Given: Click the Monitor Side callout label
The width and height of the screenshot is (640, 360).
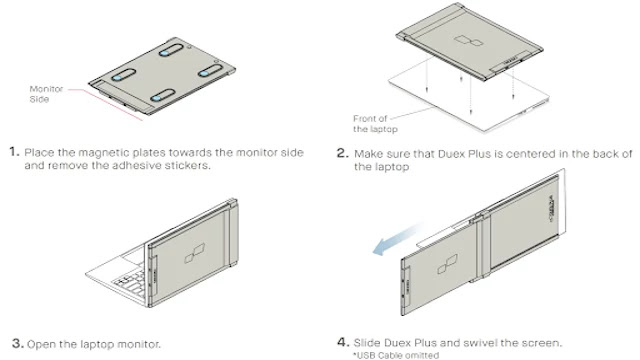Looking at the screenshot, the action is pyautogui.click(x=46, y=94).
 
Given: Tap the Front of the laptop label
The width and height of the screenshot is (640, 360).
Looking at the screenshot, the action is pyautogui.click(x=375, y=124).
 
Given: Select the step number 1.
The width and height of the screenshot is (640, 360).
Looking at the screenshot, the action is pyautogui.click(x=14, y=152).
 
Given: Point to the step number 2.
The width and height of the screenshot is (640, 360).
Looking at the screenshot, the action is pyautogui.click(x=342, y=153).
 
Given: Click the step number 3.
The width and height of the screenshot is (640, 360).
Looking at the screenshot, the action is pyautogui.click(x=18, y=343).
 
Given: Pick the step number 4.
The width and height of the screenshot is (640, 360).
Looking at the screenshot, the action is pyautogui.click(x=343, y=342).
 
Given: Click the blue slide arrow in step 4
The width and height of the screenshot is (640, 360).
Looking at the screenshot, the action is pyautogui.click(x=398, y=239).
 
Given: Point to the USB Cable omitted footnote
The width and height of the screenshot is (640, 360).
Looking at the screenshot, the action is pyautogui.click(x=396, y=355).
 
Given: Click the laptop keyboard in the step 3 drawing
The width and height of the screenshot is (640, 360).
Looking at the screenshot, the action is pyautogui.click(x=131, y=281).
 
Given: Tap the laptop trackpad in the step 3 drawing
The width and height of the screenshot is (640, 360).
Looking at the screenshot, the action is pyautogui.click(x=133, y=257).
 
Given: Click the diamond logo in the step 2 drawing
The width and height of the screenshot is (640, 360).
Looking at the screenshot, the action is pyautogui.click(x=469, y=41).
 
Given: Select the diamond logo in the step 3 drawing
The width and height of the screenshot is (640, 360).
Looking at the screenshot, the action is pyautogui.click(x=195, y=253).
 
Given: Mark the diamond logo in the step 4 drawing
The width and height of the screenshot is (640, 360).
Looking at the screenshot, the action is pyautogui.click(x=447, y=264).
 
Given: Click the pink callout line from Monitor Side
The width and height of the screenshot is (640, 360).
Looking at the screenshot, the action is pyautogui.click(x=105, y=104).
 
